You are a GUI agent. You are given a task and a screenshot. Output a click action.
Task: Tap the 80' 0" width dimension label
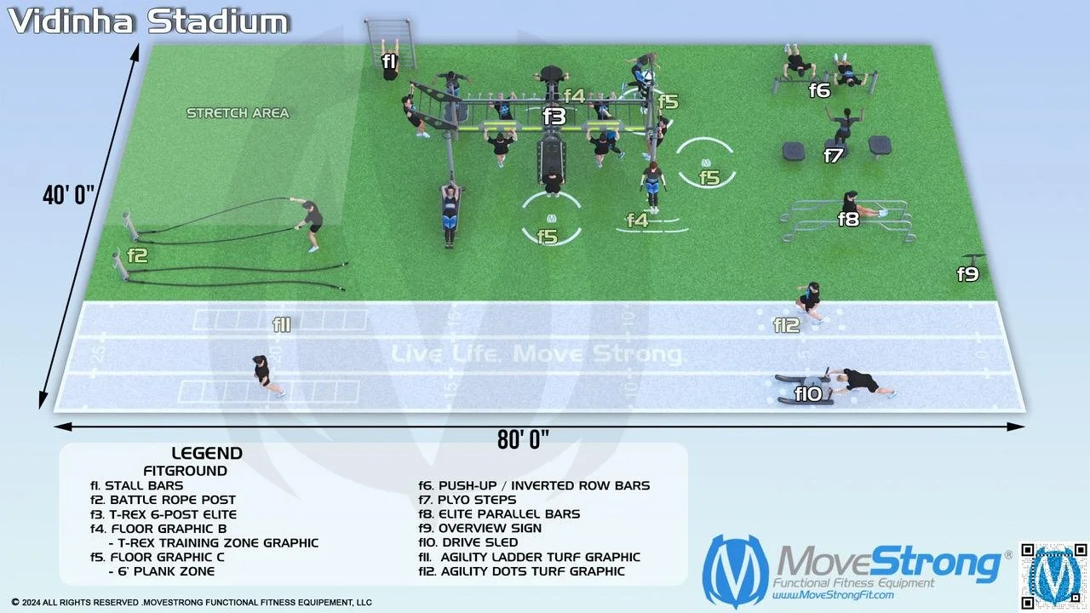[523, 439]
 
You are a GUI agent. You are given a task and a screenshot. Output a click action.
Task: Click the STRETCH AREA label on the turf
[238, 113]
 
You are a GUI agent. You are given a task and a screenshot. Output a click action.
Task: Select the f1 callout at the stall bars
[389, 61]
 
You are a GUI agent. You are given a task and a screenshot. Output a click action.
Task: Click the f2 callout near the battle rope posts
[137, 255]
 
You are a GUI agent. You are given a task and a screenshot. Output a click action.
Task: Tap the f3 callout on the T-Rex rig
[554, 117]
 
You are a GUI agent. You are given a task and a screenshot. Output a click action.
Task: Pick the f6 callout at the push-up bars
[819, 89]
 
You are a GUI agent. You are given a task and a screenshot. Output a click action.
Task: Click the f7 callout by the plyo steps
[834, 156]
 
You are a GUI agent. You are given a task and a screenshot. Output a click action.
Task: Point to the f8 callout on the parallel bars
[848, 219]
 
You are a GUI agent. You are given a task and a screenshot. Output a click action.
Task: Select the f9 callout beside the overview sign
[968, 274]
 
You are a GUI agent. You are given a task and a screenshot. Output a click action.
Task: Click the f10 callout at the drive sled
[808, 393]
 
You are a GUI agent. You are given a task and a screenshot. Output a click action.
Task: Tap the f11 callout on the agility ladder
[282, 324]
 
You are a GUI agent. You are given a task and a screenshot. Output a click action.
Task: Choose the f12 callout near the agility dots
[787, 324]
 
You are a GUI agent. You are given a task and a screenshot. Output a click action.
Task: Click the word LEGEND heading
[207, 454]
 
